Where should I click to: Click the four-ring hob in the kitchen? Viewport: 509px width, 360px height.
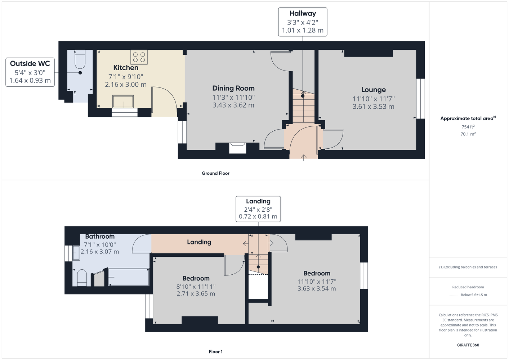click(139, 57)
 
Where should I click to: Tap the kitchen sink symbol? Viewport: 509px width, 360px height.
click(123, 101)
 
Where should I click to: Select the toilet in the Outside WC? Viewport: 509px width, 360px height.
click(80, 59)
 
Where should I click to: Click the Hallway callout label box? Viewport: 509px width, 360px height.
click(303, 22)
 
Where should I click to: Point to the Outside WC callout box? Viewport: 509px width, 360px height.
click(30, 72)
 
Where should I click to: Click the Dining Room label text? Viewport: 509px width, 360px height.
click(233, 88)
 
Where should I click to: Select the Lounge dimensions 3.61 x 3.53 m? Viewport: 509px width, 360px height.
click(373, 107)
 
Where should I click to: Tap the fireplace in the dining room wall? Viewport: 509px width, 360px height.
click(238, 148)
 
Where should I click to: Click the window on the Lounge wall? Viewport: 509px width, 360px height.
click(421, 99)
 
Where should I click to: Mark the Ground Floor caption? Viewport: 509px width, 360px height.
click(216, 173)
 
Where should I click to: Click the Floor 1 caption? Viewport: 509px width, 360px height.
click(216, 352)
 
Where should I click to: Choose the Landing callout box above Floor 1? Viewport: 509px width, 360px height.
click(258, 209)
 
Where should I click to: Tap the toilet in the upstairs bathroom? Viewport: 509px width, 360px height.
click(82, 278)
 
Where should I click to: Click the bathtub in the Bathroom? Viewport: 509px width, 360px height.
click(129, 277)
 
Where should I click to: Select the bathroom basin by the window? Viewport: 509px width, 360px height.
click(76, 253)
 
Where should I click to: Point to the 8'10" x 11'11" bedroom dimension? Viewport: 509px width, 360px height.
click(196, 287)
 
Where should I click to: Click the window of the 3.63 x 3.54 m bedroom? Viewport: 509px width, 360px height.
click(364, 276)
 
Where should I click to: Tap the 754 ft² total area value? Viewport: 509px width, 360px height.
click(468, 127)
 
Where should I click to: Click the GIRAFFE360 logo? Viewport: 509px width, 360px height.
click(468, 345)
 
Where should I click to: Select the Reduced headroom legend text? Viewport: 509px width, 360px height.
click(468, 287)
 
